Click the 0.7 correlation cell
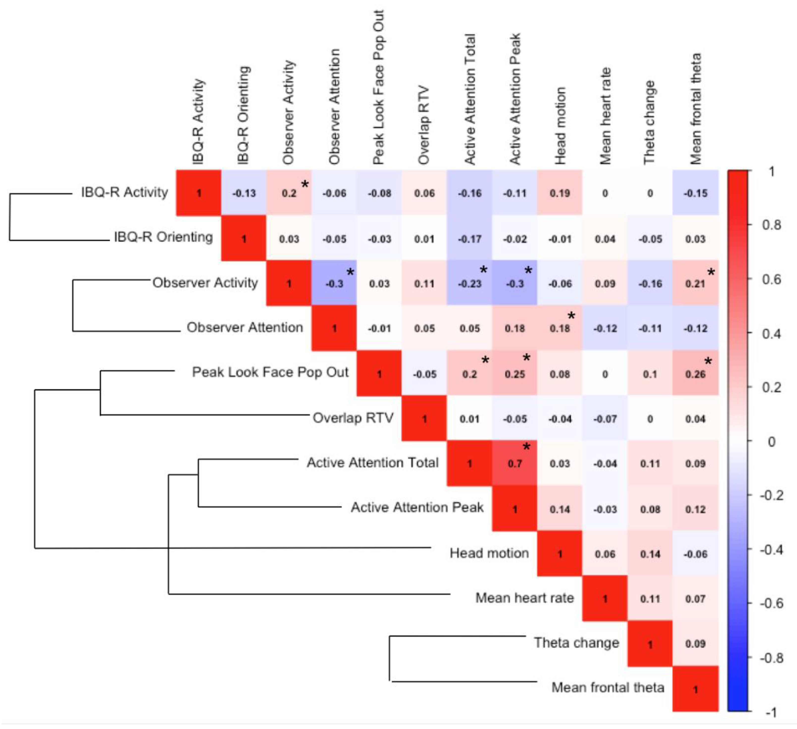[515, 463]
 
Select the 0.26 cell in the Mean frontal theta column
[695, 374]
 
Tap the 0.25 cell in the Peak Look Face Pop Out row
[515, 374]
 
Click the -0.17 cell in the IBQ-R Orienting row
[470, 239]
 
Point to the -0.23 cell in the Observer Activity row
[470, 284]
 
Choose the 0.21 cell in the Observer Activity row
[695, 284]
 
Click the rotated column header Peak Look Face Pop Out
[379, 87]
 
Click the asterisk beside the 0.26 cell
[708, 361]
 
